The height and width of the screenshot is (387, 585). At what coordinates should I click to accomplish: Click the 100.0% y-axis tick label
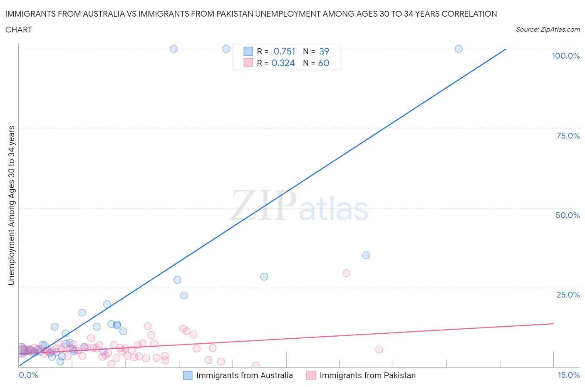coord(565,56)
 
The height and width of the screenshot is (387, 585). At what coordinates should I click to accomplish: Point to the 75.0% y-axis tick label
coord(568,136)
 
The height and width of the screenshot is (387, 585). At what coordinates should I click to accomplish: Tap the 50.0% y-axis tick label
coord(568,215)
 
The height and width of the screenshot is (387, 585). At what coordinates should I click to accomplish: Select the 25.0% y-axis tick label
coord(568,295)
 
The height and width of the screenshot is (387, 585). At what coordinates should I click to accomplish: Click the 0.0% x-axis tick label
coord(28,375)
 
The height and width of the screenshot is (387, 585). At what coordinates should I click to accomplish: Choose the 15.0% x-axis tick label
coord(568,375)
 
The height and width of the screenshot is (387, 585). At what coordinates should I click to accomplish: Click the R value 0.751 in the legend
coord(284,51)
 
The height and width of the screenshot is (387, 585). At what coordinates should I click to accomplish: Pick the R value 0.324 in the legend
coord(283,63)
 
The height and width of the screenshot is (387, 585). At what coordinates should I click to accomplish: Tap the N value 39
coord(324,51)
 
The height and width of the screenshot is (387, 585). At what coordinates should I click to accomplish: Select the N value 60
coord(323,63)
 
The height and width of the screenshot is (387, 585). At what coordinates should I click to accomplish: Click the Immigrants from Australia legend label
coord(244,375)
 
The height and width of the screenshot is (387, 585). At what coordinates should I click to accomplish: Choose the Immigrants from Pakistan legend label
coord(367,375)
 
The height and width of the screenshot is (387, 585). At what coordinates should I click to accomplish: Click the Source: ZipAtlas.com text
coord(548,29)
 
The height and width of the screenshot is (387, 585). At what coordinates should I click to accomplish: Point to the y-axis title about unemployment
coord(11,205)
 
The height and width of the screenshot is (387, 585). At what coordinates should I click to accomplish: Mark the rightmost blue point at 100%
coord(459,49)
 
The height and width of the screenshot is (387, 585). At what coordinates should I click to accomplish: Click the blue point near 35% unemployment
coord(366,256)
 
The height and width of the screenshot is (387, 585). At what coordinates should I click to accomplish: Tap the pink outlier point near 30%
coord(346,273)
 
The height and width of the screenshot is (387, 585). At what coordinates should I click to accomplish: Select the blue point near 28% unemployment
coord(264,277)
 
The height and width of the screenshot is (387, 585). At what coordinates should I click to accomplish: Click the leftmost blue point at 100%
coord(174,49)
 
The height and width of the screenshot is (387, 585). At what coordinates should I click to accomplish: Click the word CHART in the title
coord(19,30)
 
